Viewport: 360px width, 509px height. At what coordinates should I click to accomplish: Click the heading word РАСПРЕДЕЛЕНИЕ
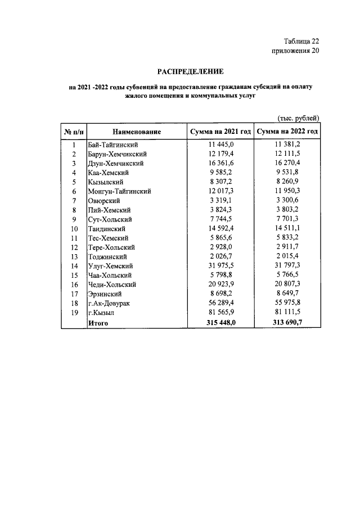click(190, 71)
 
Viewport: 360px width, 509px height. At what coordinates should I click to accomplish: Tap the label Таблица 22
click(301, 41)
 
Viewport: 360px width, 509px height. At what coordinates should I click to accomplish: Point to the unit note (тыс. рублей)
click(299, 118)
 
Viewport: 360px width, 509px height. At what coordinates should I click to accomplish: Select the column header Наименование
click(137, 132)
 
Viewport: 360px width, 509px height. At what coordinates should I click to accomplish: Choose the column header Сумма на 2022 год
click(287, 132)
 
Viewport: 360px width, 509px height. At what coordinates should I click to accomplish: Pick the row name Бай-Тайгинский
click(113, 145)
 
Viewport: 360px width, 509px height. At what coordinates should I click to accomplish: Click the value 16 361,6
click(221, 163)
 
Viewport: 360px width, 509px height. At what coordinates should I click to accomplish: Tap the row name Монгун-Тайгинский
click(119, 191)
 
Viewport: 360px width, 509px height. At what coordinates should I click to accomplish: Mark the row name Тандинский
click(106, 229)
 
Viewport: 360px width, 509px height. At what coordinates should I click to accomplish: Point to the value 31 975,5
click(221, 267)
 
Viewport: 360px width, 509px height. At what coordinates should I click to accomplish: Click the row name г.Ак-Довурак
click(110, 304)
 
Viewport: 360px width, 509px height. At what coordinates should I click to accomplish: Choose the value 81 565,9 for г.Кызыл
click(221, 314)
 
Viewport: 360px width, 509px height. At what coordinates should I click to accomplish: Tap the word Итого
click(98, 323)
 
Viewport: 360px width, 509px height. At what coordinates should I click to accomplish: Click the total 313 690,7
click(287, 323)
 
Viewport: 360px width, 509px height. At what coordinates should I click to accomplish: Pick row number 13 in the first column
click(73, 257)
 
